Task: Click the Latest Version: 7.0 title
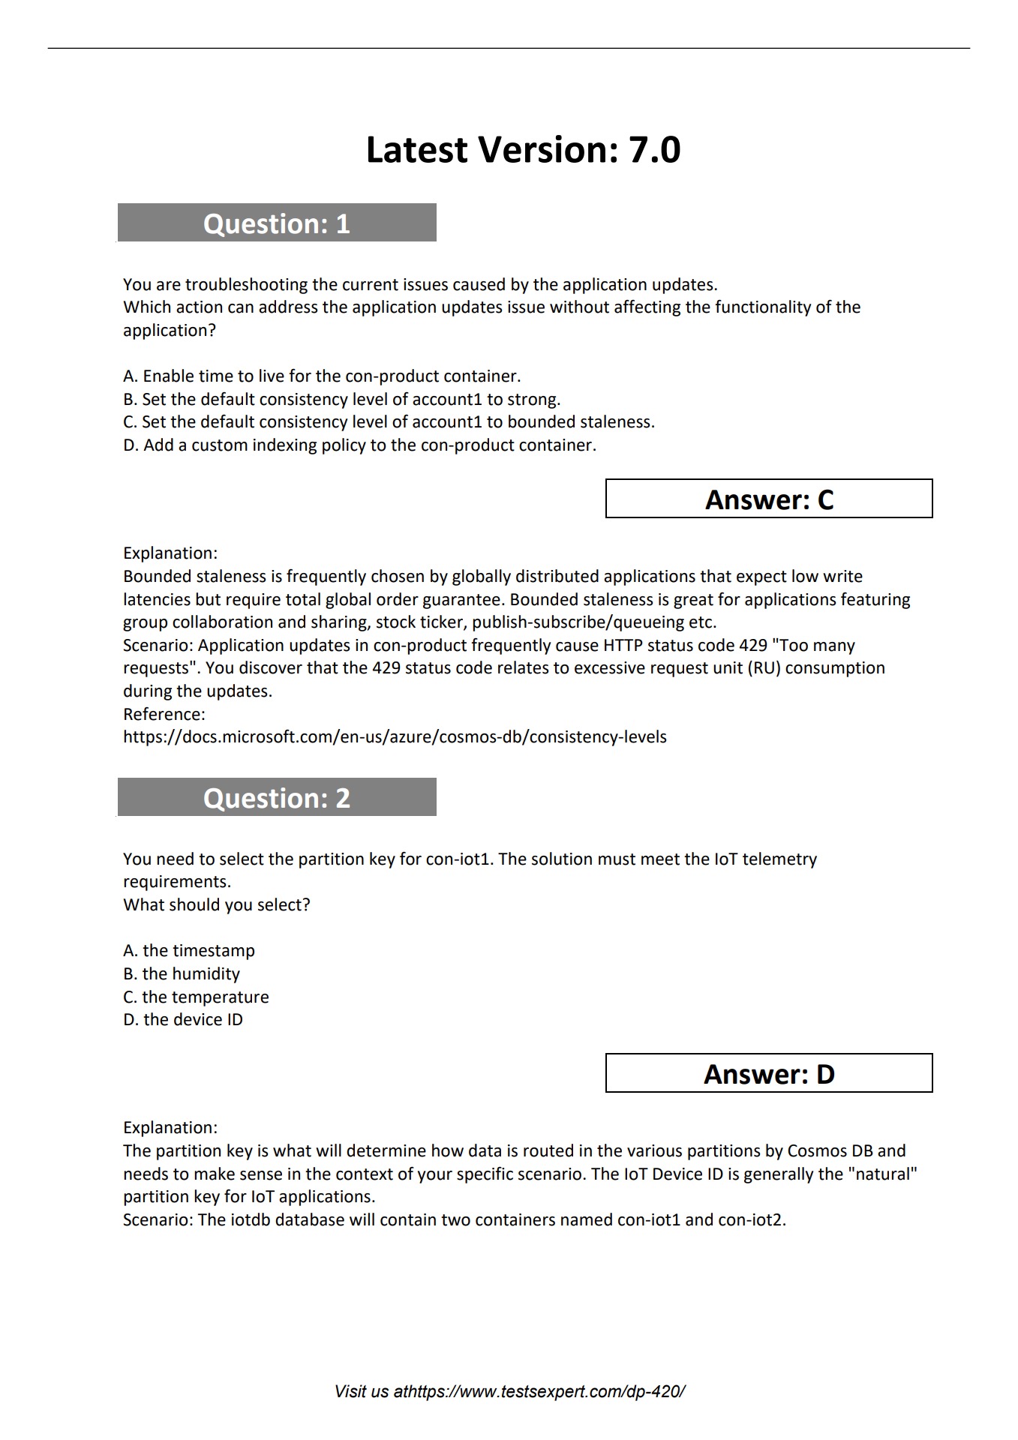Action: coord(523,149)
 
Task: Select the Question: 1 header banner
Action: coord(277,223)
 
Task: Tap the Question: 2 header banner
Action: coord(277,797)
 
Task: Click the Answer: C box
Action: coord(769,499)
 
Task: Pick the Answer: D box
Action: coord(769,1073)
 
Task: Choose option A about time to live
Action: coord(322,376)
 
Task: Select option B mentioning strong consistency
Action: coord(341,399)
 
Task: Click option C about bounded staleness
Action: coord(389,421)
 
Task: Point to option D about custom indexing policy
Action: coord(359,445)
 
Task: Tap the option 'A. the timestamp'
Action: coord(189,950)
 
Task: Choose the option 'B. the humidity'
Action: coord(182,973)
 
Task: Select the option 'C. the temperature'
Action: coord(196,997)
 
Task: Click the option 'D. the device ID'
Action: coord(183,1019)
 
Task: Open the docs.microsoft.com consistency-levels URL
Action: coord(395,736)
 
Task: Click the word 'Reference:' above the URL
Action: coord(164,714)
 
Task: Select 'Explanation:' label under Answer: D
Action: coord(170,1127)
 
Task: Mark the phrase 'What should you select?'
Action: coord(217,904)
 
